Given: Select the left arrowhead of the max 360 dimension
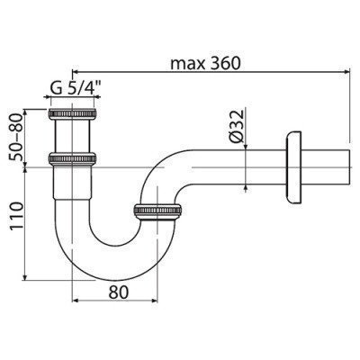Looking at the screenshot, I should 74,71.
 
